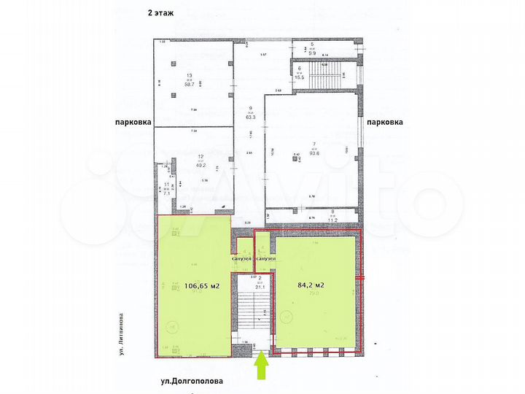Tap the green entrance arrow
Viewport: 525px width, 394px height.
click(262, 366)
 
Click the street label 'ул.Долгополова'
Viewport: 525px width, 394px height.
click(193, 380)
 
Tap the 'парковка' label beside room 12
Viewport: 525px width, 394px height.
click(131, 123)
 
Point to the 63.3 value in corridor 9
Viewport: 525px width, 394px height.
click(249, 115)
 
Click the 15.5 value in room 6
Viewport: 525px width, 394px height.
click(299, 77)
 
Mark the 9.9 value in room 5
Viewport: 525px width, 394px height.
click(312, 53)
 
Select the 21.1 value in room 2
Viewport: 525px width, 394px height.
click(260, 287)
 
